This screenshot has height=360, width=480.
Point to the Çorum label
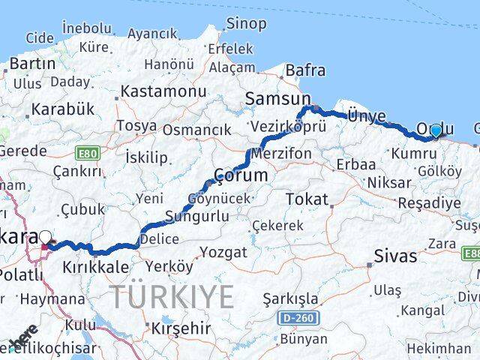241,175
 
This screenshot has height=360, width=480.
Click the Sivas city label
395,256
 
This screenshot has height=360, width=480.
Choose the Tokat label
307,199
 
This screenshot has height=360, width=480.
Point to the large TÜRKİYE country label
172,297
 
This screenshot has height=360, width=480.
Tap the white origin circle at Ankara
46,235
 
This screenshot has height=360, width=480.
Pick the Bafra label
307,70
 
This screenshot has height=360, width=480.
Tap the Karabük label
63,109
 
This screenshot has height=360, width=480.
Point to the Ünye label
367,115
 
